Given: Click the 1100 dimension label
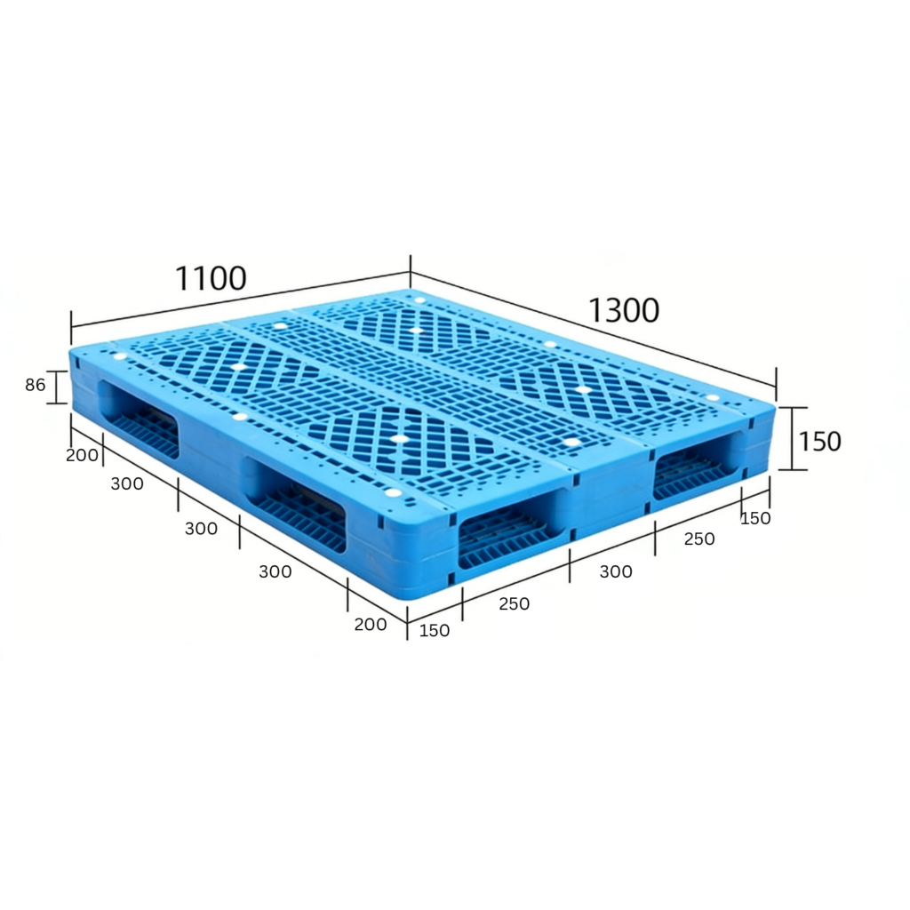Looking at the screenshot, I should (x=211, y=278).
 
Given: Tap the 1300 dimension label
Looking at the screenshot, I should (x=624, y=310).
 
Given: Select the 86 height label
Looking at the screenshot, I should (x=35, y=386).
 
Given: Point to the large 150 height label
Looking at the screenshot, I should (x=818, y=441).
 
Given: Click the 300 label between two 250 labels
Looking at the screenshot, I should (x=616, y=571).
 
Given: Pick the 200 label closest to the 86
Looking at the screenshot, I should (x=82, y=455).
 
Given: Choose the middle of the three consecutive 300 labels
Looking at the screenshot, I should (x=201, y=528).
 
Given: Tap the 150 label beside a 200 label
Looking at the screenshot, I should (x=434, y=631).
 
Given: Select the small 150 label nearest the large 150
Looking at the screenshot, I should (x=755, y=518).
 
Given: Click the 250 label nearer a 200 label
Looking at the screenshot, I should (x=514, y=603).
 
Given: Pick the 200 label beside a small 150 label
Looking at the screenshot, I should (x=370, y=624).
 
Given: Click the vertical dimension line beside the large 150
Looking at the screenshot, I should (x=793, y=438).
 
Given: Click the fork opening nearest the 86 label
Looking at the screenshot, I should (x=140, y=419).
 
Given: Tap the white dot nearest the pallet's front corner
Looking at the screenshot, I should (x=392, y=492).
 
